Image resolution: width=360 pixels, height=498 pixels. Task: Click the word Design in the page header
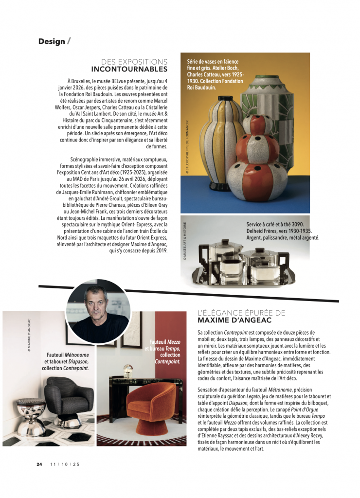coord(52,41)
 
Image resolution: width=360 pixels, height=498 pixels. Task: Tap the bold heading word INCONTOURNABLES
coord(129,70)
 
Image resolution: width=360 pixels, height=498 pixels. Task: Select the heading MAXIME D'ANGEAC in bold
coord(235,320)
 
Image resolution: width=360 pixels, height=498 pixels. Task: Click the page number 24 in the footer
coord(39,464)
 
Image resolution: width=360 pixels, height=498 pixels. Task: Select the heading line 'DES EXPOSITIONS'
coord(134,62)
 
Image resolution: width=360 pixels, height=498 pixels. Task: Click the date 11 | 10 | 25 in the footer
coord(65,464)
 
